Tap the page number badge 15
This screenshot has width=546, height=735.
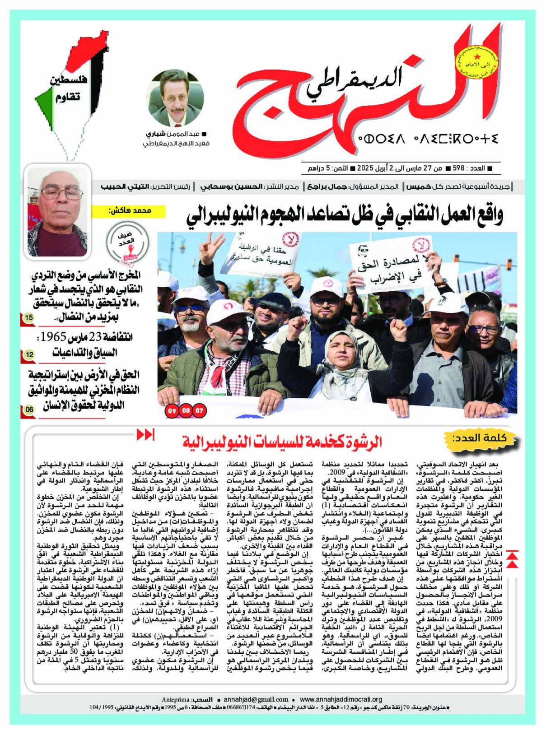click(29, 318)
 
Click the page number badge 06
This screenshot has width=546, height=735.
click(29, 409)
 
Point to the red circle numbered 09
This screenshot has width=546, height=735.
click(172, 411)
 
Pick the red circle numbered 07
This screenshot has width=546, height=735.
click(199, 411)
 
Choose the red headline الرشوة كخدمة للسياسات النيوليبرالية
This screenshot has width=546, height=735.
click(282, 441)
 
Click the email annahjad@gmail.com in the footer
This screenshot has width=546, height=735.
click(256, 699)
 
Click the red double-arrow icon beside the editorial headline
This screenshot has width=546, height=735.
click(145, 435)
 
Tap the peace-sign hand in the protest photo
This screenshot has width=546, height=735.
click(206, 249)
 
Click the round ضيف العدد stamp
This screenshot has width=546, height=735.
click(127, 242)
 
